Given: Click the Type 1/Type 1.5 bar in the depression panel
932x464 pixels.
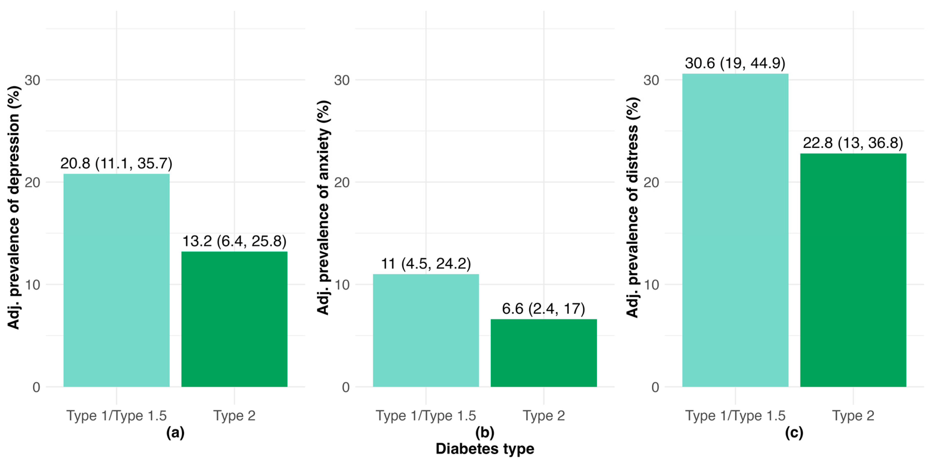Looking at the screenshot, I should click(x=117, y=280).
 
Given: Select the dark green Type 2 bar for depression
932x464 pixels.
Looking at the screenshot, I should click(x=234, y=319).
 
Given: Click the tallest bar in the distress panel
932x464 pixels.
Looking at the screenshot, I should click(x=735, y=230).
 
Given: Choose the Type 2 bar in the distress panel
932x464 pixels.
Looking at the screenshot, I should click(x=853, y=270).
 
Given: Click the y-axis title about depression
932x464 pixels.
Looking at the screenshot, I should click(x=13, y=207).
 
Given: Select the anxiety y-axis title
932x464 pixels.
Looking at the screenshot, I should click(x=323, y=207).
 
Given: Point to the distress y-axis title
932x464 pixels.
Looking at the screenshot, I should click(x=632, y=207).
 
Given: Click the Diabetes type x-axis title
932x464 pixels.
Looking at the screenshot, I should click(x=485, y=449).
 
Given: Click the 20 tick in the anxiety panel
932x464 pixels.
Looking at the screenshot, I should click(x=342, y=182).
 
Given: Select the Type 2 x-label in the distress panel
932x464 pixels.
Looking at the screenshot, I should click(x=853, y=415).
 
